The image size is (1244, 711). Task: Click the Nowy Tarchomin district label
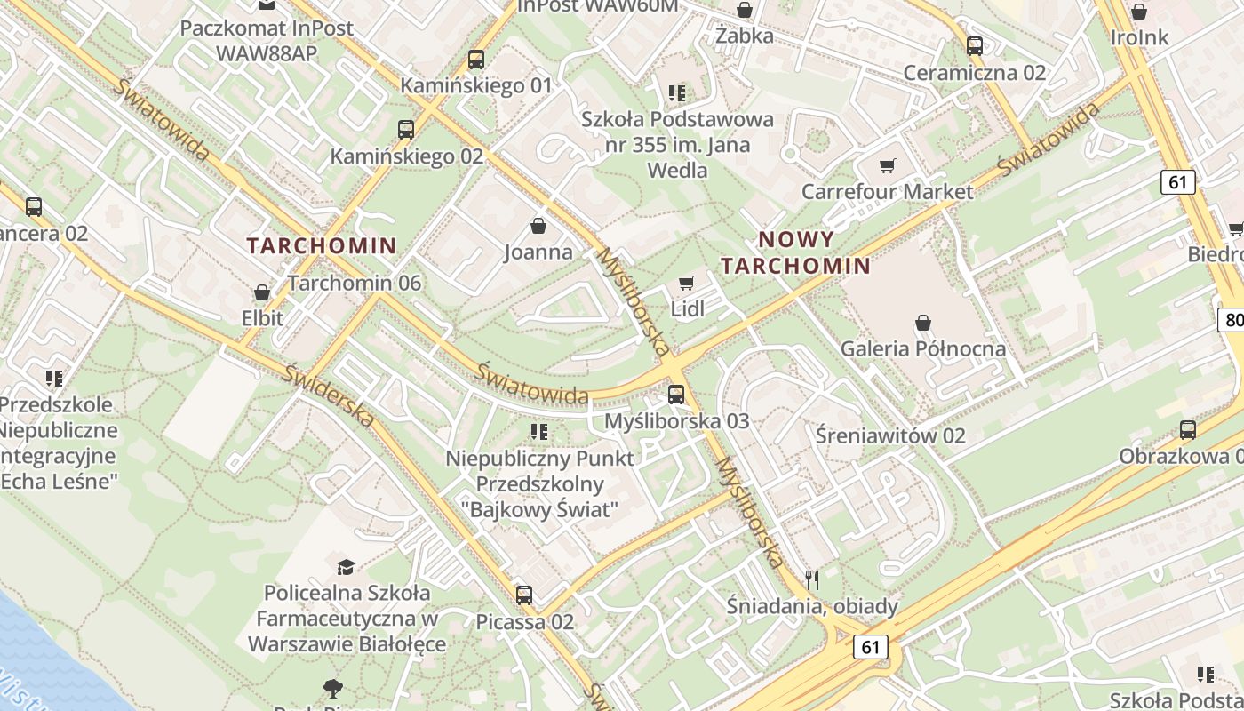click(x=795, y=252)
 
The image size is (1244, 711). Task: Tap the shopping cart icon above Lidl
click(x=686, y=284)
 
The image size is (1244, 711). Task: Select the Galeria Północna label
click(x=923, y=348)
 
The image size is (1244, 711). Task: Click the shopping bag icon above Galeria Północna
click(x=923, y=322)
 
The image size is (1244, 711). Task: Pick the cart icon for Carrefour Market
click(x=887, y=166)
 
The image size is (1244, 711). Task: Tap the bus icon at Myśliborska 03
click(x=676, y=394)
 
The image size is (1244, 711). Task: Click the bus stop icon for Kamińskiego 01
click(x=476, y=60)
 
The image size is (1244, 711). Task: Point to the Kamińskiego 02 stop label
click(x=407, y=156)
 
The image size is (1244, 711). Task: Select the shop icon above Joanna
click(x=538, y=226)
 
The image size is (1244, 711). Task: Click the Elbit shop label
click(x=262, y=318)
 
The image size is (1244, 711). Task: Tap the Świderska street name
click(x=329, y=395)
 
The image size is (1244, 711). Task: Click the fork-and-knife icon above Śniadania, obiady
click(x=811, y=580)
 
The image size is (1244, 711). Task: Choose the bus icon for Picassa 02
click(x=524, y=595)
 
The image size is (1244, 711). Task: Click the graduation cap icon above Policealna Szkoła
click(x=346, y=566)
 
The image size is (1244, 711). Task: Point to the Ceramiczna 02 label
click(x=975, y=73)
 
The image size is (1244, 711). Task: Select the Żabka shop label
click(x=745, y=36)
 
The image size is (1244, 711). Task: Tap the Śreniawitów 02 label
click(x=890, y=435)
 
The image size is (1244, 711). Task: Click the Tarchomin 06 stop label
click(x=355, y=284)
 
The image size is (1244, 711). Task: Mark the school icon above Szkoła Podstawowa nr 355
click(x=677, y=92)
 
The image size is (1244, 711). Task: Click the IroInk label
click(x=1140, y=38)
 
